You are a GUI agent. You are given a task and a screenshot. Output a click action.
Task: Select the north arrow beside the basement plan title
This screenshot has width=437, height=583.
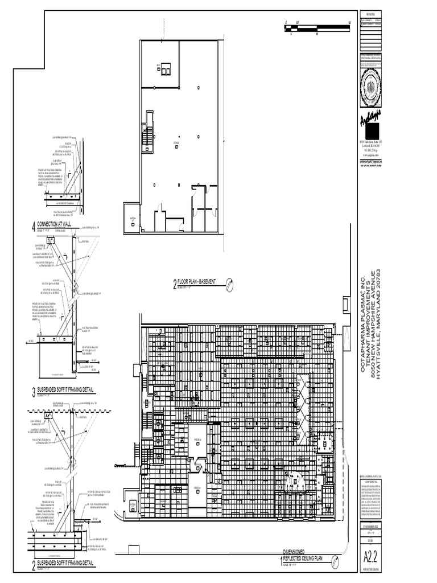point(230,283)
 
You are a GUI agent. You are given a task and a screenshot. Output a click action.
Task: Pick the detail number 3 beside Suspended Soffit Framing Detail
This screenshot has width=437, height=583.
point(34,392)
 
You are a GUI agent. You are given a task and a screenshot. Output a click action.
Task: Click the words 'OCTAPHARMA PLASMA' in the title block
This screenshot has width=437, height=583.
point(365,333)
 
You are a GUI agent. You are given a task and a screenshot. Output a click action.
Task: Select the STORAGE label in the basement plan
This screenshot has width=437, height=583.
point(176,143)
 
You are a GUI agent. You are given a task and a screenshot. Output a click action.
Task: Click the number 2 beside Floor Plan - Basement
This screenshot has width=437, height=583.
point(175,284)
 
